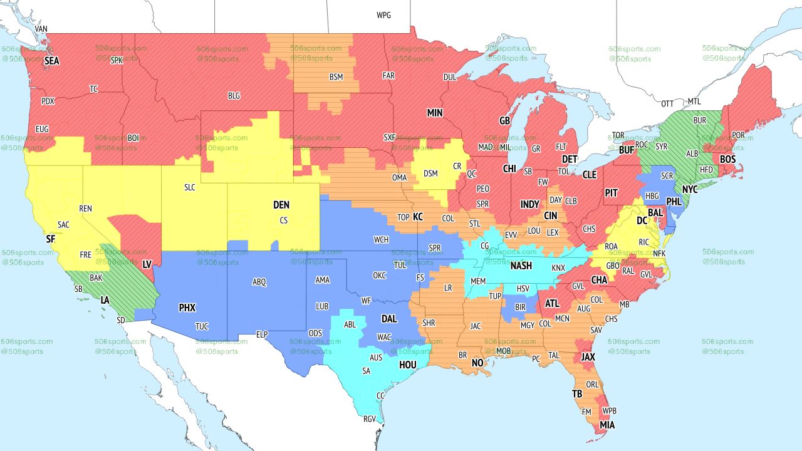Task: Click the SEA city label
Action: pyautogui.click(x=51, y=61)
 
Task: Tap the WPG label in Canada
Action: pyautogui.click(x=383, y=15)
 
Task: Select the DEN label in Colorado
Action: pyautogui.click(x=281, y=205)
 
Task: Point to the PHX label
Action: pyautogui.click(x=187, y=308)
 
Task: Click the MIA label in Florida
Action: pyautogui.click(x=607, y=425)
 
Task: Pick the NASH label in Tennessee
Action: pyautogui.click(x=521, y=266)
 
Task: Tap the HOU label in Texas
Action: pyautogui.click(x=407, y=365)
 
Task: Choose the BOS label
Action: pyautogui.click(x=727, y=160)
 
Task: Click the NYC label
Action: pyautogui.click(x=690, y=189)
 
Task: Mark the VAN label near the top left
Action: pyautogui.click(x=41, y=29)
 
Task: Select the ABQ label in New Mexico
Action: pyautogui.click(x=259, y=283)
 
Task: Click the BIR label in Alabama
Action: pyautogui.click(x=519, y=308)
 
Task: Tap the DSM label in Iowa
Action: pyautogui.click(x=431, y=174)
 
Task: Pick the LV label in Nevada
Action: pyautogui.click(x=147, y=265)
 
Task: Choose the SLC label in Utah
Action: pyautogui.click(x=190, y=187)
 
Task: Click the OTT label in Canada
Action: pyautogui.click(x=668, y=103)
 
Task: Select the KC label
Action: pyautogui.click(x=418, y=217)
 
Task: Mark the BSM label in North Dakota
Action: pyautogui.click(x=336, y=77)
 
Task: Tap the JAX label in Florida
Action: pyautogui.click(x=588, y=357)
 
